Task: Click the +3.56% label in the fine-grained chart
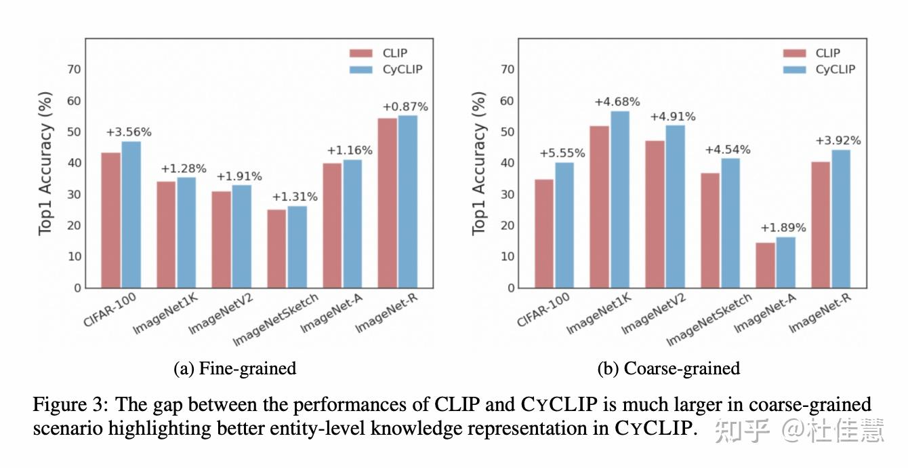129,132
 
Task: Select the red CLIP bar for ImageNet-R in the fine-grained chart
388,203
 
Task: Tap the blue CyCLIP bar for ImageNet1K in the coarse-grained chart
620,199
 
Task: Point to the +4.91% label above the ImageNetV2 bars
673,116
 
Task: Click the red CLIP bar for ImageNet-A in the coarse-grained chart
766,265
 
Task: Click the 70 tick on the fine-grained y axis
73,69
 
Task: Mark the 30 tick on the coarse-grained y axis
507,195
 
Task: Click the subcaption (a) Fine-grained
235,368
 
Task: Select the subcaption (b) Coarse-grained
668,368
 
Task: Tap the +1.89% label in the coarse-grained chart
783,228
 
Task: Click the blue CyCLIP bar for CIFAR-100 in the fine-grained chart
131,214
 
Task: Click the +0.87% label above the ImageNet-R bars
405,106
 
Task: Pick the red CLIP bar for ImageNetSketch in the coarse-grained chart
710,231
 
